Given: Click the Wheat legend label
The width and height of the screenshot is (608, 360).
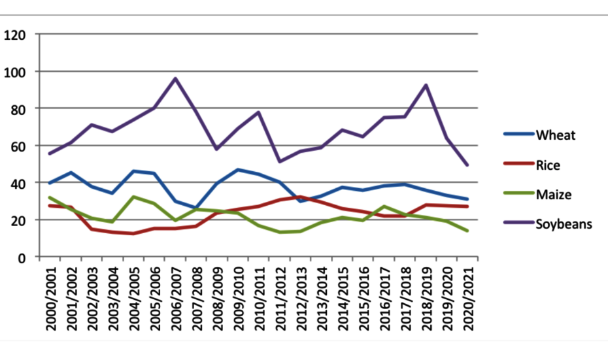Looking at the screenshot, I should pyautogui.click(x=556, y=136).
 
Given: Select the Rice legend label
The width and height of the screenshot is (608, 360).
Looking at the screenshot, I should pyautogui.click(x=548, y=165).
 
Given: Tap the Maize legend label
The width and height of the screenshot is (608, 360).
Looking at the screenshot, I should pyautogui.click(x=553, y=195).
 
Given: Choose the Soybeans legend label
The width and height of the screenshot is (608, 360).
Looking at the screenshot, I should pyautogui.click(x=564, y=224).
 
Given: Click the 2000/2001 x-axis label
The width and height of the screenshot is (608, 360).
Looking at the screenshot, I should pyautogui.click(x=50, y=297).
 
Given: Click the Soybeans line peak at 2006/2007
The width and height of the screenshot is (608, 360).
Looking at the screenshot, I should pyautogui.click(x=176, y=78).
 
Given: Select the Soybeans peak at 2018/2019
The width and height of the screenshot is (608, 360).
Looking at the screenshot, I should pyautogui.click(x=426, y=85).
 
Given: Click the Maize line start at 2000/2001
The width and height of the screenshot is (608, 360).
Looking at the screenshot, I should pyautogui.click(x=50, y=197).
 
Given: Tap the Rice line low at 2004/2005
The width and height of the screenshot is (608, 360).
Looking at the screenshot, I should pyautogui.click(x=133, y=233).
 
